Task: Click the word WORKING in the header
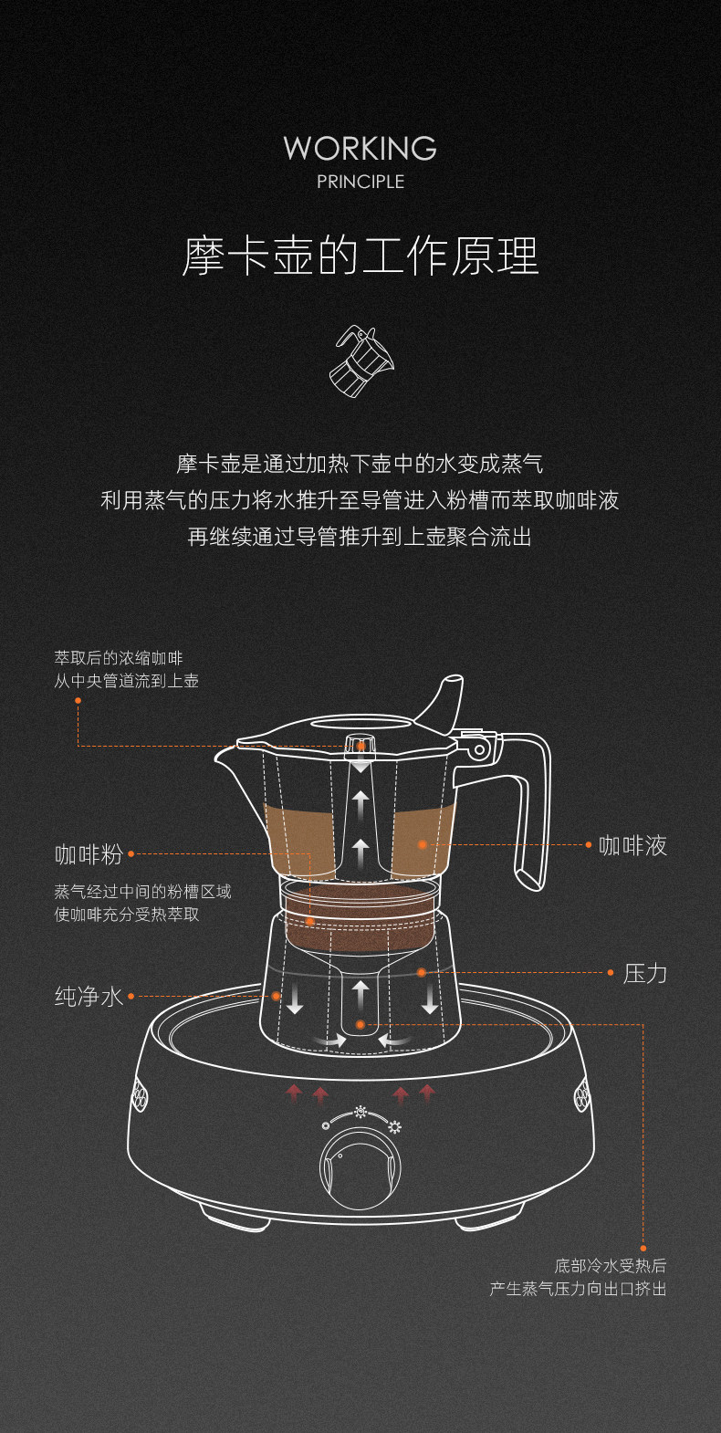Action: tap(360, 148)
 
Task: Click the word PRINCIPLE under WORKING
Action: tap(360, 182)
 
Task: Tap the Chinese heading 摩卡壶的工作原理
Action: tap(360, 256)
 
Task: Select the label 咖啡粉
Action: tap(89, 854)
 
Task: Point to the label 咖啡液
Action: tap(632, 845)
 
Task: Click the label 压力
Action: tap(644, 973)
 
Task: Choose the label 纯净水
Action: tap(89, 996)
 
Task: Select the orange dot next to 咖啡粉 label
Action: tap(131, 854)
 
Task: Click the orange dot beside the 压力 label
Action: tap(611, 973)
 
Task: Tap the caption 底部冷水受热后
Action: tap(610, 1266)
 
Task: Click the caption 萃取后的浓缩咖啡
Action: tap(119, 658)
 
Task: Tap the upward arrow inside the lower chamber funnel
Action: tap(361, 995)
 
